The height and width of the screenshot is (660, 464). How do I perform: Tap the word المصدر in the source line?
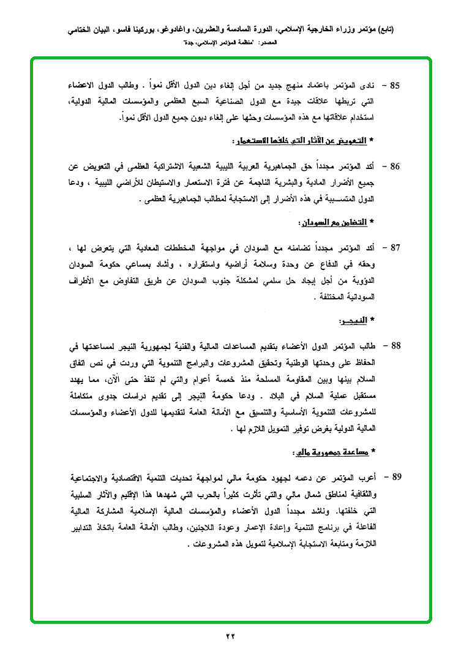click(x=264, y=43)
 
